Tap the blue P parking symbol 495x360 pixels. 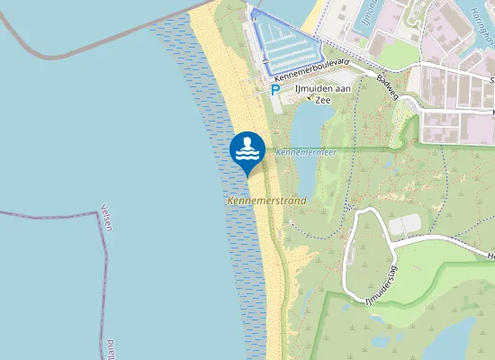point(275,91)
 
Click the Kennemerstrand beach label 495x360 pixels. point(266,200)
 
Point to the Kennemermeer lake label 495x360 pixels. point(301,152)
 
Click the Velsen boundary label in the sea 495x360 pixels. point(107,216)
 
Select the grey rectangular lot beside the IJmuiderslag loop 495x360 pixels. point(404,223)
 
